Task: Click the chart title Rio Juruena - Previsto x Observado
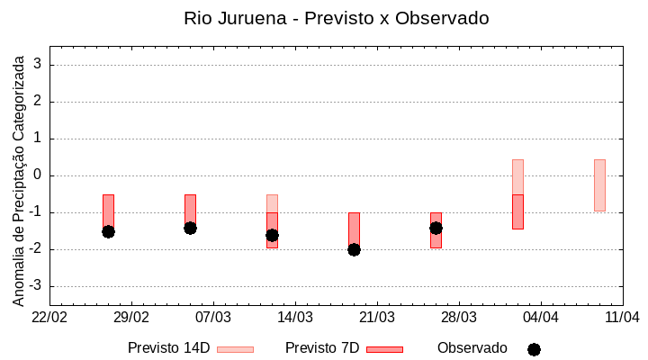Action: [336, 18]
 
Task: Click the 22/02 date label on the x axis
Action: [49, 317]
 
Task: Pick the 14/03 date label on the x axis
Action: [294, 317]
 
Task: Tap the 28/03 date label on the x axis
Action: [458, 317]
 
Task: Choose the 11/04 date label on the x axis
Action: [622, 317]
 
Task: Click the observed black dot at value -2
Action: [354, 249]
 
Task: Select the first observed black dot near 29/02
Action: [108, 231]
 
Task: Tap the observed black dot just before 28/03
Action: [436, 228]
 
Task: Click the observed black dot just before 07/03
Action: [190, 228]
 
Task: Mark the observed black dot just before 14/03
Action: [272, 235]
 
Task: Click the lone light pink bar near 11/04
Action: [599, 185]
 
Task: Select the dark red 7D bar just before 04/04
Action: [517, 211]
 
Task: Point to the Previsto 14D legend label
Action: [168, 348]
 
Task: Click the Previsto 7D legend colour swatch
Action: [384, 349]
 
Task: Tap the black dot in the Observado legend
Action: [534, 349]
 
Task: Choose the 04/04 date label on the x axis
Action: [540, 317]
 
